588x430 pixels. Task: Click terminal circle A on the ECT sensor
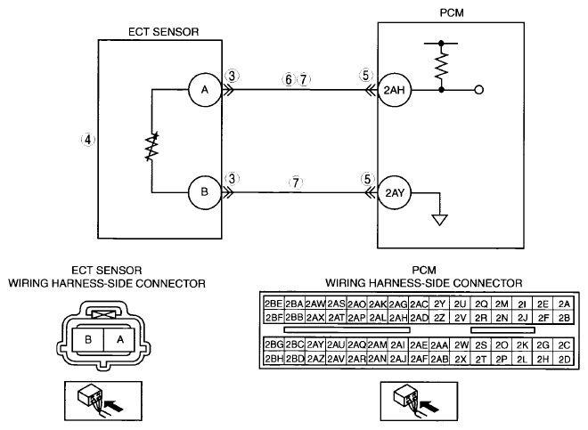pyautogui.click(x=205, y=90)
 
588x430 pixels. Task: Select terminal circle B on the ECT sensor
pyautogui.click(x=205, y=192)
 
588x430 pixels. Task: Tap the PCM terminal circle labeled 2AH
pyautogui.click(x=394, y=90)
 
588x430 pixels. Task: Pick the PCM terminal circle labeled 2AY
pyautogui.click(x=394, y=192)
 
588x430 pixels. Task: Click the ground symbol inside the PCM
pyautogui.click(x=439, y=220)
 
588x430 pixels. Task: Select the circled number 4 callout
pyautogui.click(x=87, y=140)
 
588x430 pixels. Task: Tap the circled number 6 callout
pyautogui.click(x=289, y=79)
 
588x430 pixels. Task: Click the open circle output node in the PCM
pyautogui.click(x=479, y=90)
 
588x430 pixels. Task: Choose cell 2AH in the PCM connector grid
pyautogui.click(x=398, y=318)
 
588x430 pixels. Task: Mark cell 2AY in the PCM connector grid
pyautogui.click(x=315, y=345)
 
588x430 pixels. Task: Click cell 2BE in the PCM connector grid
pyautogui.click(x=274, y=304)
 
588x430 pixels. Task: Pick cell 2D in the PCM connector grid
pyautogui.click(x=564, y=359)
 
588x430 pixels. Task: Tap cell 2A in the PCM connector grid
pyautogui.click(x=564, y=304)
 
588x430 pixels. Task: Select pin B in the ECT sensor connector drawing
pyautogui.click(x=88, y=340)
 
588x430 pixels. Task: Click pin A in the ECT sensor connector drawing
pyautogui.click(x=119, y=340)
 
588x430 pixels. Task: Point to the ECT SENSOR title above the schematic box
pyautogui.click(x=164, y=32)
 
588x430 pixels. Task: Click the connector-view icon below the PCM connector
pyautogui.click(x=419, y=402)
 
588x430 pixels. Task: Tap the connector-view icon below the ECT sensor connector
pyautogui.click(x=103, y=401)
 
